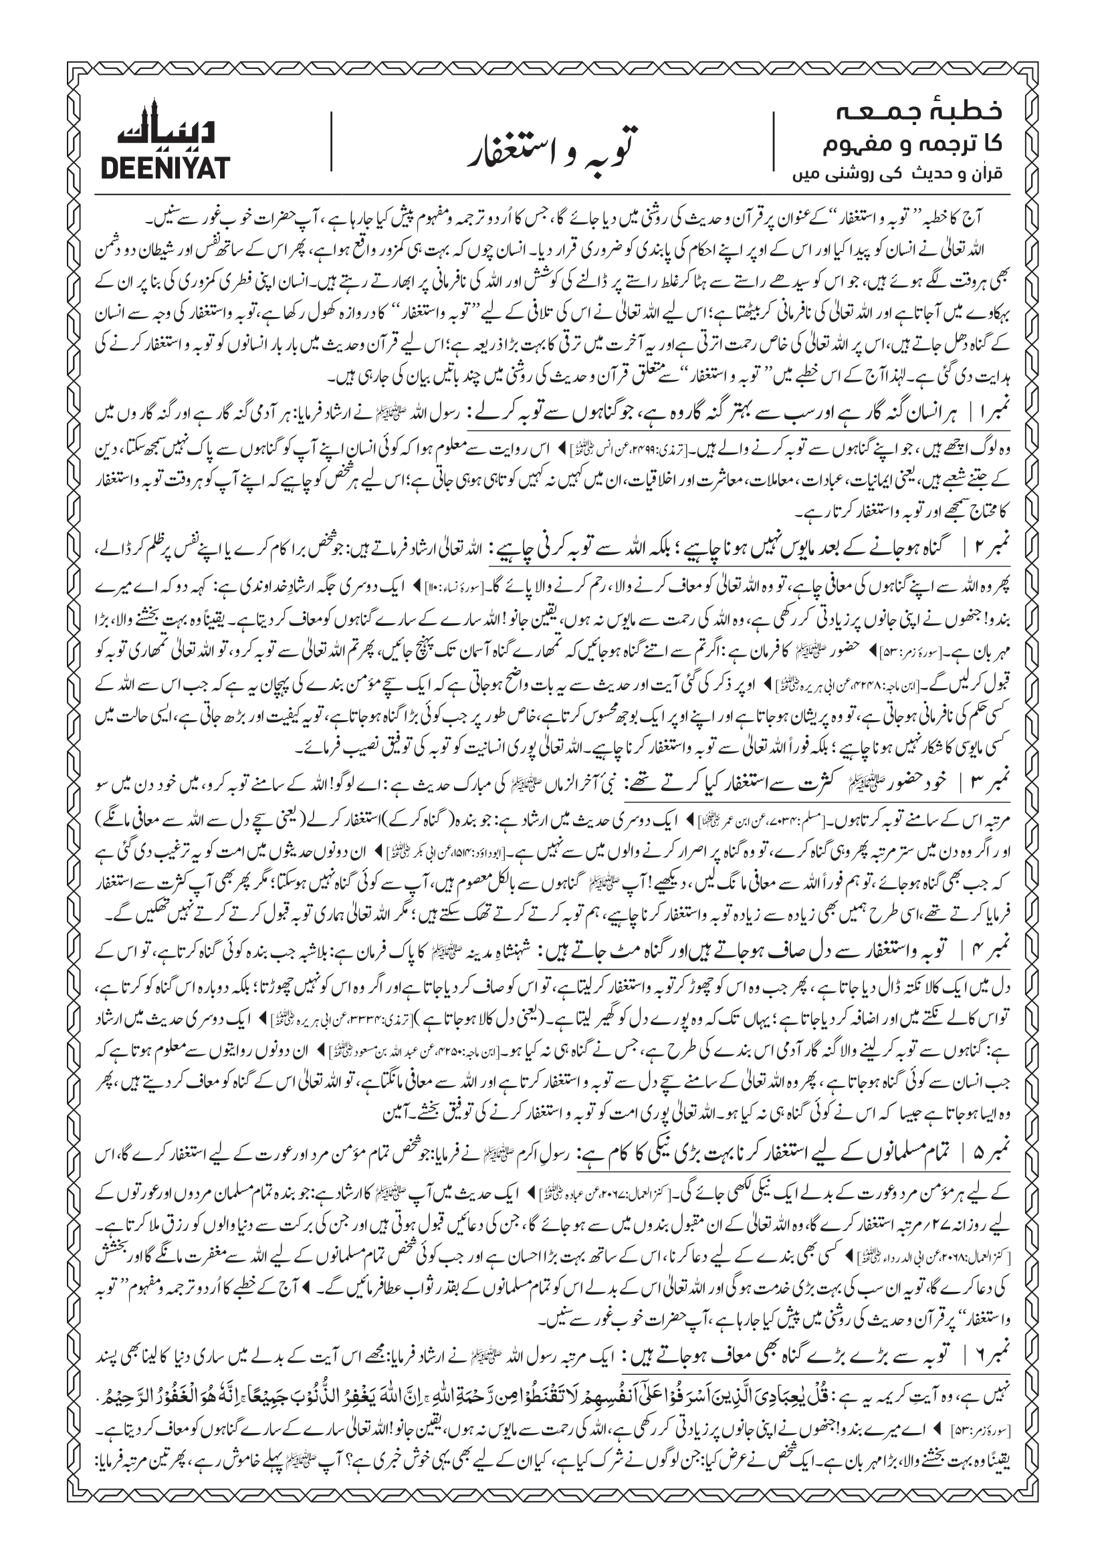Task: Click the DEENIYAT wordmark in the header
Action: [x=165, y=166]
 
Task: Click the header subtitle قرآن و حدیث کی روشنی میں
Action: [x=899, y=174]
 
